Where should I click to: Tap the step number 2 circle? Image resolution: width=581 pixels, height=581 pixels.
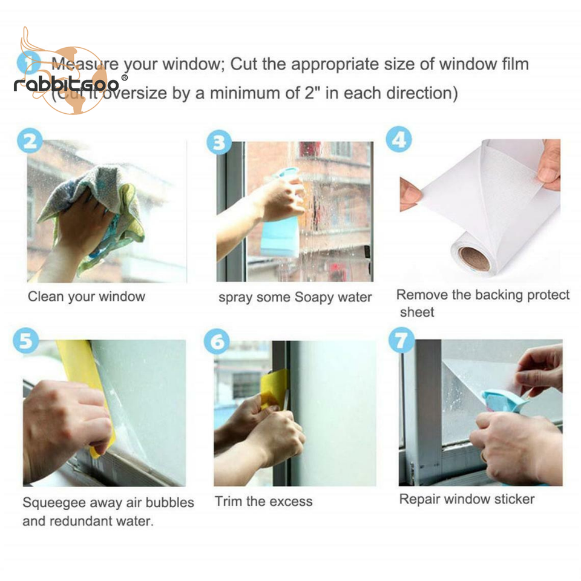pos(30,141)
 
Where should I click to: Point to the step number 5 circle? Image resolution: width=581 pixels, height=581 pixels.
pos(25,341)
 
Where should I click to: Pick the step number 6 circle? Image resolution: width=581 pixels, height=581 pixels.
pos(217,342)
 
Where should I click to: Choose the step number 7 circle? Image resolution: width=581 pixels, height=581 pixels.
pos(401,339)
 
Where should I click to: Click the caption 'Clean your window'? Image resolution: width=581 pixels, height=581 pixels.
pos(87,297)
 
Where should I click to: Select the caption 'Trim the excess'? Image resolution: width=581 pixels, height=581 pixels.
pos(263,501)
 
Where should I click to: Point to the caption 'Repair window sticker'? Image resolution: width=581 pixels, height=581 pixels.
pos(467,499)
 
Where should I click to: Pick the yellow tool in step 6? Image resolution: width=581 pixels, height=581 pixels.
pos(275,387)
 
